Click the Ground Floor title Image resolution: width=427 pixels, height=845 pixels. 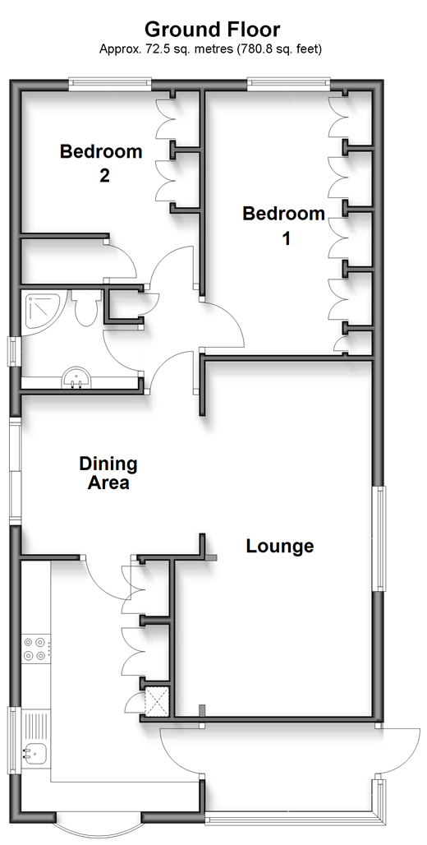click(212, 29)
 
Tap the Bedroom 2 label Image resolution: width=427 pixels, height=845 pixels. click(101, 163)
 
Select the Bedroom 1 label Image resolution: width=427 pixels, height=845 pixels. click(284, 225)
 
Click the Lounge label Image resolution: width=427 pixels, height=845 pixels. click(280, 546)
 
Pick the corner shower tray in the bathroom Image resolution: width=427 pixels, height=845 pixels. click(42, 310)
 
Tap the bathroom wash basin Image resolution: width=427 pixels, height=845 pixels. click(77, 378)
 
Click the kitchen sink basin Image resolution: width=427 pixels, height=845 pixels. click(34, 751)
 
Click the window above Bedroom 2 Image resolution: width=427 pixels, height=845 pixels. click(110, 82)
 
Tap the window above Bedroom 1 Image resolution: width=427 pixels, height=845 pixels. click(288, 82)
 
